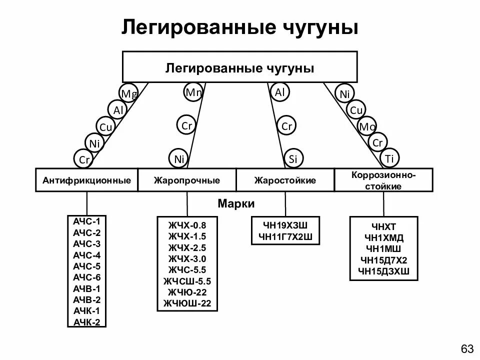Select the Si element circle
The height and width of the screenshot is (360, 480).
(x=293, y=159)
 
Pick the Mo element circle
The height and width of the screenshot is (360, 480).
(x=367, y=127)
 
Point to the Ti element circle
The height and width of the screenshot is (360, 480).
(x=390, y=158)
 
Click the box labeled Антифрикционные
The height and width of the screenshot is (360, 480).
(x=86, y=180)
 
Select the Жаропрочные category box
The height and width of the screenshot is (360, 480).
(x=187, y=180)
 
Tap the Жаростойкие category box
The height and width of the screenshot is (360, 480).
(x=285, y=180)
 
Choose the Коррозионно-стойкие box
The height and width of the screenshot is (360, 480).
(x=384, y=180)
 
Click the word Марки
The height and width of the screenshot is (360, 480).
(x=236, y=204)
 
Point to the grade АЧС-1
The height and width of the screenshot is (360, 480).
(x=86, y=221)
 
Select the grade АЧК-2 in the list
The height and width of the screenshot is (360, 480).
(x=86, y=321)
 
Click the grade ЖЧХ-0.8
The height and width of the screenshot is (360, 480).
(x=187, y=225)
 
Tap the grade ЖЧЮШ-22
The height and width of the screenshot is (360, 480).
(x=187, y=303)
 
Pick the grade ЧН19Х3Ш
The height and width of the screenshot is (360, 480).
(x=285, y=225)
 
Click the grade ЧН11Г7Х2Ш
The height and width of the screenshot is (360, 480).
(x=285, y=236)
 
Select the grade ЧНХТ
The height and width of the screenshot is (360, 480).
(x=384, y=226)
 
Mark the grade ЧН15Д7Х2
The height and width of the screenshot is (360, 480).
(x=384, y=260)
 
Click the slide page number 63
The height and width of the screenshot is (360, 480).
(x=466, y=348)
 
